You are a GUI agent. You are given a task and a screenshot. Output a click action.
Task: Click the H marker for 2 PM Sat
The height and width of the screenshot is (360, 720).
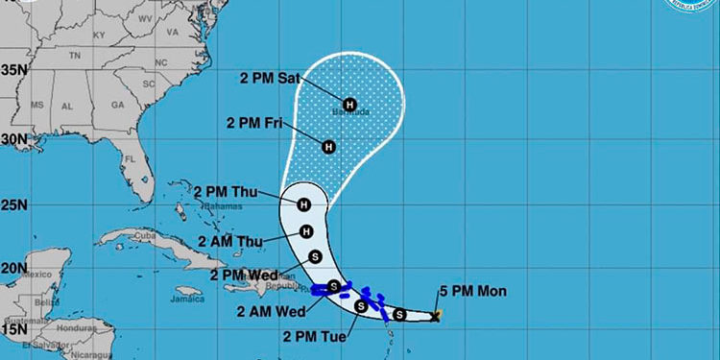(348, 104)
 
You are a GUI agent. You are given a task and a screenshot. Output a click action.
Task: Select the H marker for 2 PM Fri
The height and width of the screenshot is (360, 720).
(328, 147)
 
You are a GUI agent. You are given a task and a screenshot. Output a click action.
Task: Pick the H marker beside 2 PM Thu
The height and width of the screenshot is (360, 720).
(304, 204)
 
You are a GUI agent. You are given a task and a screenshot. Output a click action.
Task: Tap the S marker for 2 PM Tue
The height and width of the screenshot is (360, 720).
(361, 306)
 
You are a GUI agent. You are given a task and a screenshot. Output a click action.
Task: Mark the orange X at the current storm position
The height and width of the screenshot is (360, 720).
(436, 314)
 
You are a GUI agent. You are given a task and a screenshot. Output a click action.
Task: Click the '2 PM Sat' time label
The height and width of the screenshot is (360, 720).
(262, 80)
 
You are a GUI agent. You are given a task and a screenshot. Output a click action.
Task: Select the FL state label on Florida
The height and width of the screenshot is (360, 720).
(127, 158)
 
